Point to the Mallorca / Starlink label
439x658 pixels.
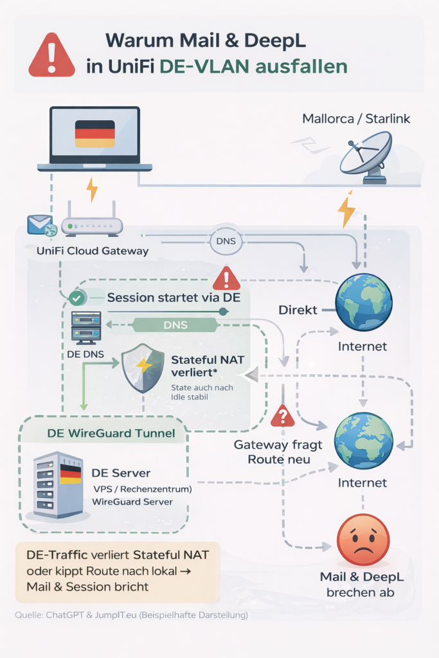(x=355, y=119)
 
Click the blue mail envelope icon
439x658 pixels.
(x=39, y=225)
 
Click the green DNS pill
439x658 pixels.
(x=175, y=325)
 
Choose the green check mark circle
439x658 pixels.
(x=77, y=298)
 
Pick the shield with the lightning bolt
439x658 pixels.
(x=143, y=368)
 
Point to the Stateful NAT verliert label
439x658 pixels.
(x=208, y=366)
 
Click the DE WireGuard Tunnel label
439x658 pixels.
(x=111, y=433)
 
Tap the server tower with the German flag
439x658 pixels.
(x=58, y=484)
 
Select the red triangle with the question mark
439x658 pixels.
(x=282, y=416)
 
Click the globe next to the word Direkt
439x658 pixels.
(x=364, y=302)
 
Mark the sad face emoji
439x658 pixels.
(x=363, y=540)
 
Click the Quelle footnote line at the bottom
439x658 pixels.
(x=131, y=615)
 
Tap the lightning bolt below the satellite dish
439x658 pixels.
(x=346, y=210)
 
